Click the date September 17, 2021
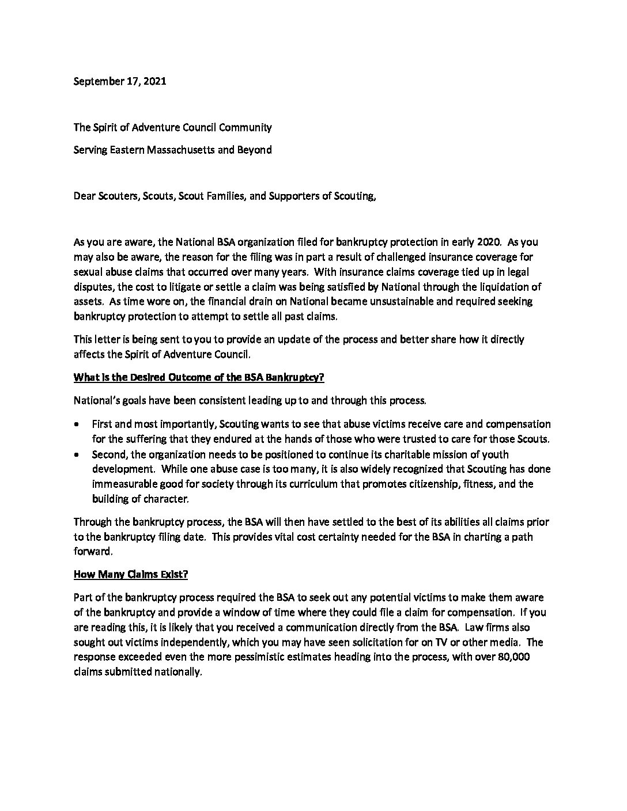click(x=120, y=81)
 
